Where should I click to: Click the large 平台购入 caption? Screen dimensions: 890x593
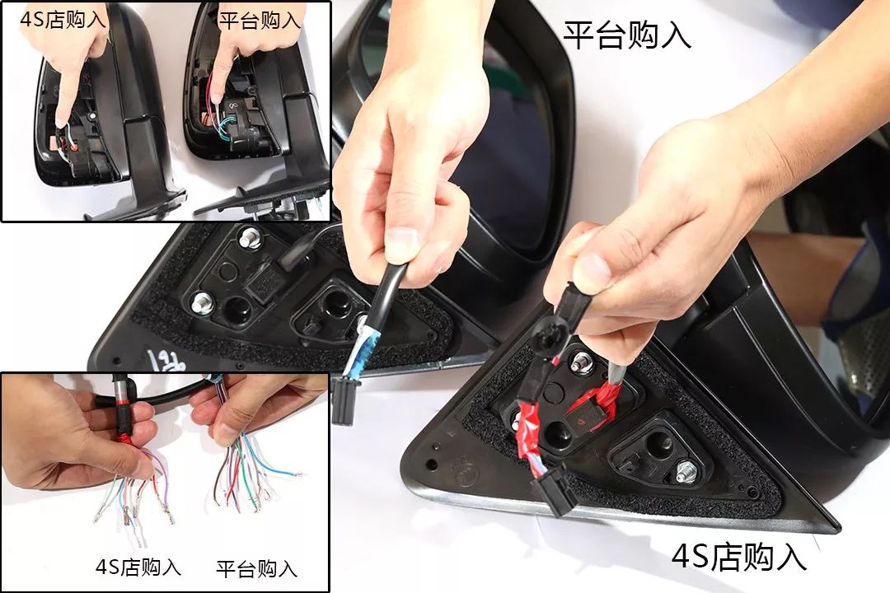point(626,35)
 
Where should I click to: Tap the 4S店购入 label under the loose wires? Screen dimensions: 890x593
point(138,567)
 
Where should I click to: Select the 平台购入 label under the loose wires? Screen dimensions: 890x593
point(256,568)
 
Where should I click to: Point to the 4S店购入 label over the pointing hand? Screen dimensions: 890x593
point(63,19)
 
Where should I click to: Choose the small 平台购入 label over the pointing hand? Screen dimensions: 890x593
point(260,21)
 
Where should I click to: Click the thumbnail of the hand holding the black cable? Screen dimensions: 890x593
point(165,483)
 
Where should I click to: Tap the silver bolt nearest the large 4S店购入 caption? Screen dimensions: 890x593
point(686,472)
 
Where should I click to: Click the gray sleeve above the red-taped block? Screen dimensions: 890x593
point(617,371)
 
